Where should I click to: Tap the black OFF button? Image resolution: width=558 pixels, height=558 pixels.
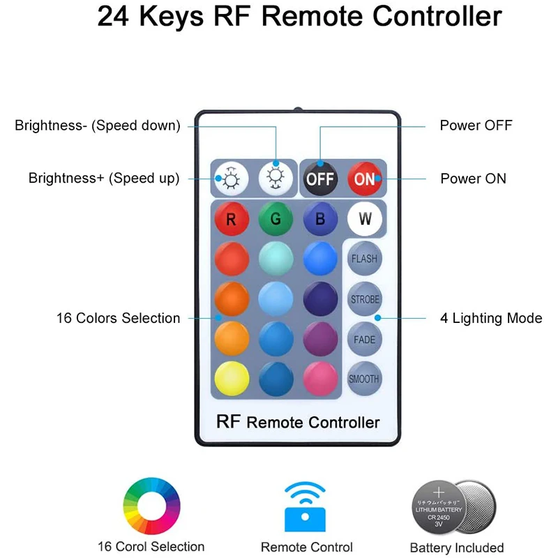tap(320, 179)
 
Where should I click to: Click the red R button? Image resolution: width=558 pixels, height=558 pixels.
tap(231, 219)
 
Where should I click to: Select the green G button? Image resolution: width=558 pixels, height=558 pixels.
tap(276, 219)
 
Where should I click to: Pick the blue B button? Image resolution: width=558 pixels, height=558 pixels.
tap(320, 219)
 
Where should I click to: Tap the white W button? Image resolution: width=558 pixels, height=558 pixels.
tap(365, 219)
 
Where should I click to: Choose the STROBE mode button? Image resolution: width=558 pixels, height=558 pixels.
tap(365, 299)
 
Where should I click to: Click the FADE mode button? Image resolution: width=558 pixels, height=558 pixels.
tap(365, 339)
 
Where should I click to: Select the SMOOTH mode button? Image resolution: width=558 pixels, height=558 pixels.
tap(365, 379)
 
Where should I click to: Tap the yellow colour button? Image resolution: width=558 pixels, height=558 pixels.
tap(231, 379)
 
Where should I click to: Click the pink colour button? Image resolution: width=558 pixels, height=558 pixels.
tap(320, 379)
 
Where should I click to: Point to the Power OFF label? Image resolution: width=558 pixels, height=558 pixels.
tap(476, 126)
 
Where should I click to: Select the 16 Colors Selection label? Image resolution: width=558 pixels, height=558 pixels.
tap(119, 319)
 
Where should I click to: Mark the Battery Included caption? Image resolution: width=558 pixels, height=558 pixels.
tap(457, 548)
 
